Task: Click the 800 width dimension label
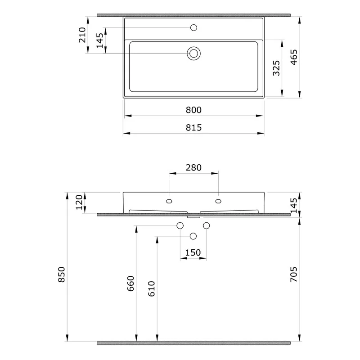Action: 193,110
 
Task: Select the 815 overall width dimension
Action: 193,128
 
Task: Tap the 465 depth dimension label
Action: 294,57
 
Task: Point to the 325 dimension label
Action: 276,68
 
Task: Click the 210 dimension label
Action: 82,35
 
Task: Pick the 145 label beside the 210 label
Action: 99,40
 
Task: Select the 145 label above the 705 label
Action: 294,206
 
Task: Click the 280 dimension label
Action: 193,167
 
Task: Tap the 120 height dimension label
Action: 79,202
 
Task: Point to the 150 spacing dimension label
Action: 193,253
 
